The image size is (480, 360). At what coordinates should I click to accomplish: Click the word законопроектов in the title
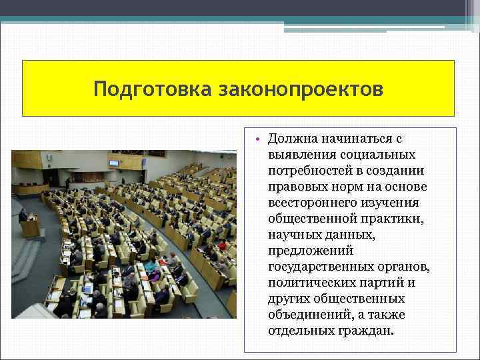(301, 89)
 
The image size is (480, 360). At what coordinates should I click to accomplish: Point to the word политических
(309, 283)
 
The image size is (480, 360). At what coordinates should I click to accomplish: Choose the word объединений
(304, 315)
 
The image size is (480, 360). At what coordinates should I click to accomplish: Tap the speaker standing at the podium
(24, 215)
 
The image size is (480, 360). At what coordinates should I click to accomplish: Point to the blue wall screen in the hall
(114, 163)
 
